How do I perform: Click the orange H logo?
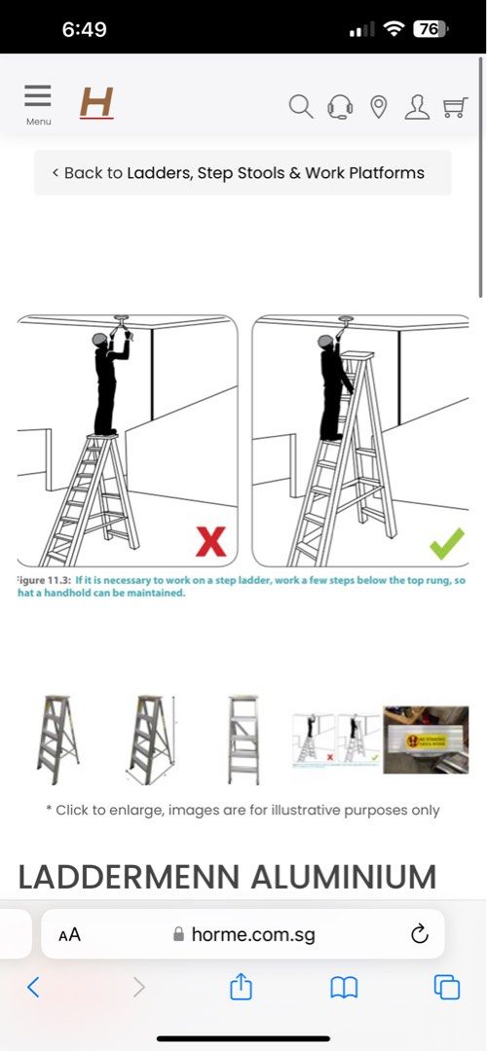tap(96, 102)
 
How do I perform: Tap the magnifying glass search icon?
tap(301, 106)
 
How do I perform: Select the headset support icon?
tap(340, 106)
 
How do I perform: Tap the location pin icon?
tap(379, 106)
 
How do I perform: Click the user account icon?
tap(417, 106)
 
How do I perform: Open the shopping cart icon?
tap(455, 106)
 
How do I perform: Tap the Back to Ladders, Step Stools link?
tap(243, 173)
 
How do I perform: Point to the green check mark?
tap(446, 542)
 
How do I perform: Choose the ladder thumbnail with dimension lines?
tap(151, 740)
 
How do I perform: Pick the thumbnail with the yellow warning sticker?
tap(425, 741)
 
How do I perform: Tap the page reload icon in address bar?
tap(419, 934)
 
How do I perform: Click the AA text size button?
tap(69, 935)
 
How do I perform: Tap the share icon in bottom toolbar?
tap(241, 988)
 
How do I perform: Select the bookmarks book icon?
tap(344, 988)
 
